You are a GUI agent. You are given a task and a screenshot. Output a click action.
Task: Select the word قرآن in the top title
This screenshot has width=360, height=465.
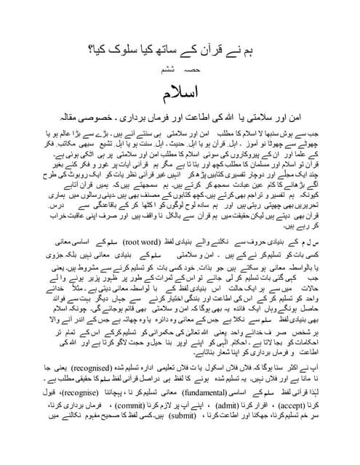click(206, 49)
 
